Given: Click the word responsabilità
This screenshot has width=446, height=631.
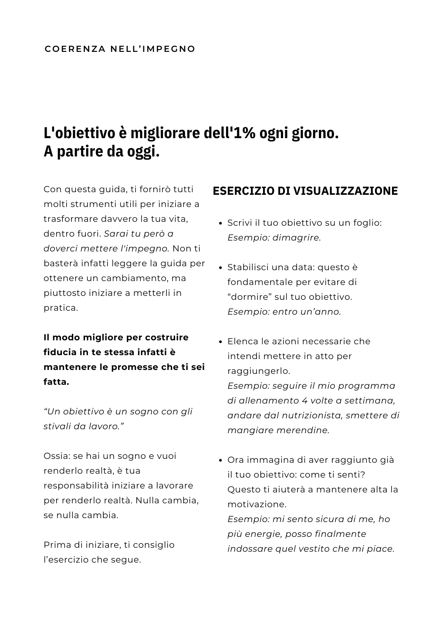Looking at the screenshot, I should (76, 485).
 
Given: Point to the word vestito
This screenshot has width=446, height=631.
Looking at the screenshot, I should (314, 549).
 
